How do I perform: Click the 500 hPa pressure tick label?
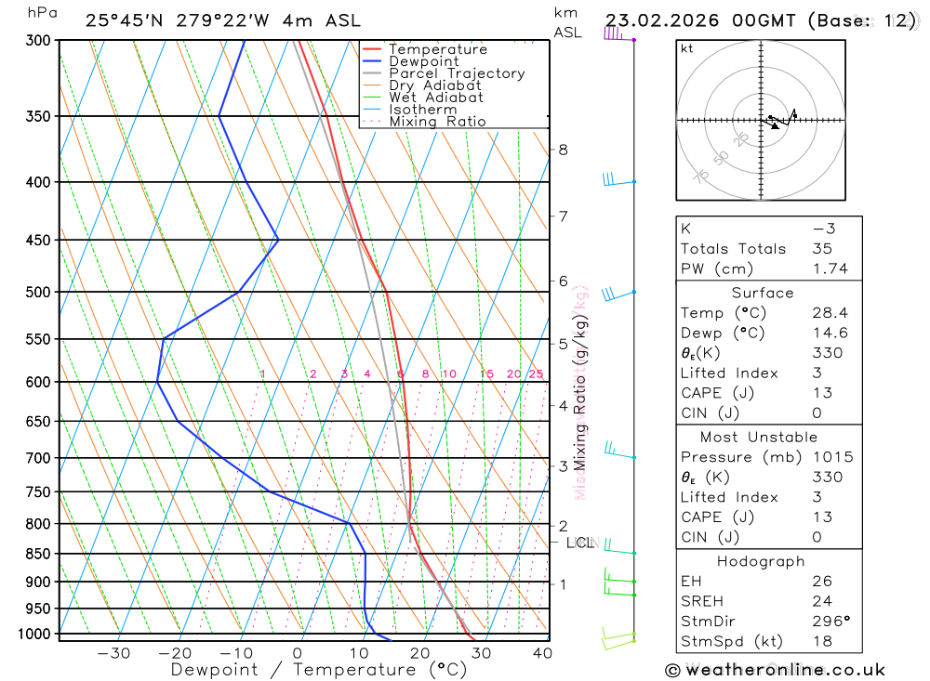(38, 292)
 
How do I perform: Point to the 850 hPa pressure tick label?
(38, 554)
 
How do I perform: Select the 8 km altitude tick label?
(563, 150)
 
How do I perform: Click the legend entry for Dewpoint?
(424, 61)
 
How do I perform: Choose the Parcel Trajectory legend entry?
(457, 73)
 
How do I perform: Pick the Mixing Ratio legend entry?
(437, 122)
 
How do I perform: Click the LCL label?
(579, 543)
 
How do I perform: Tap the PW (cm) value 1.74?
(830, 268)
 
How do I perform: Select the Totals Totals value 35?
(822, 248)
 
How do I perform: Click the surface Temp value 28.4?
(830, 313)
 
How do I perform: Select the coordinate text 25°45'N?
(124, 20)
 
